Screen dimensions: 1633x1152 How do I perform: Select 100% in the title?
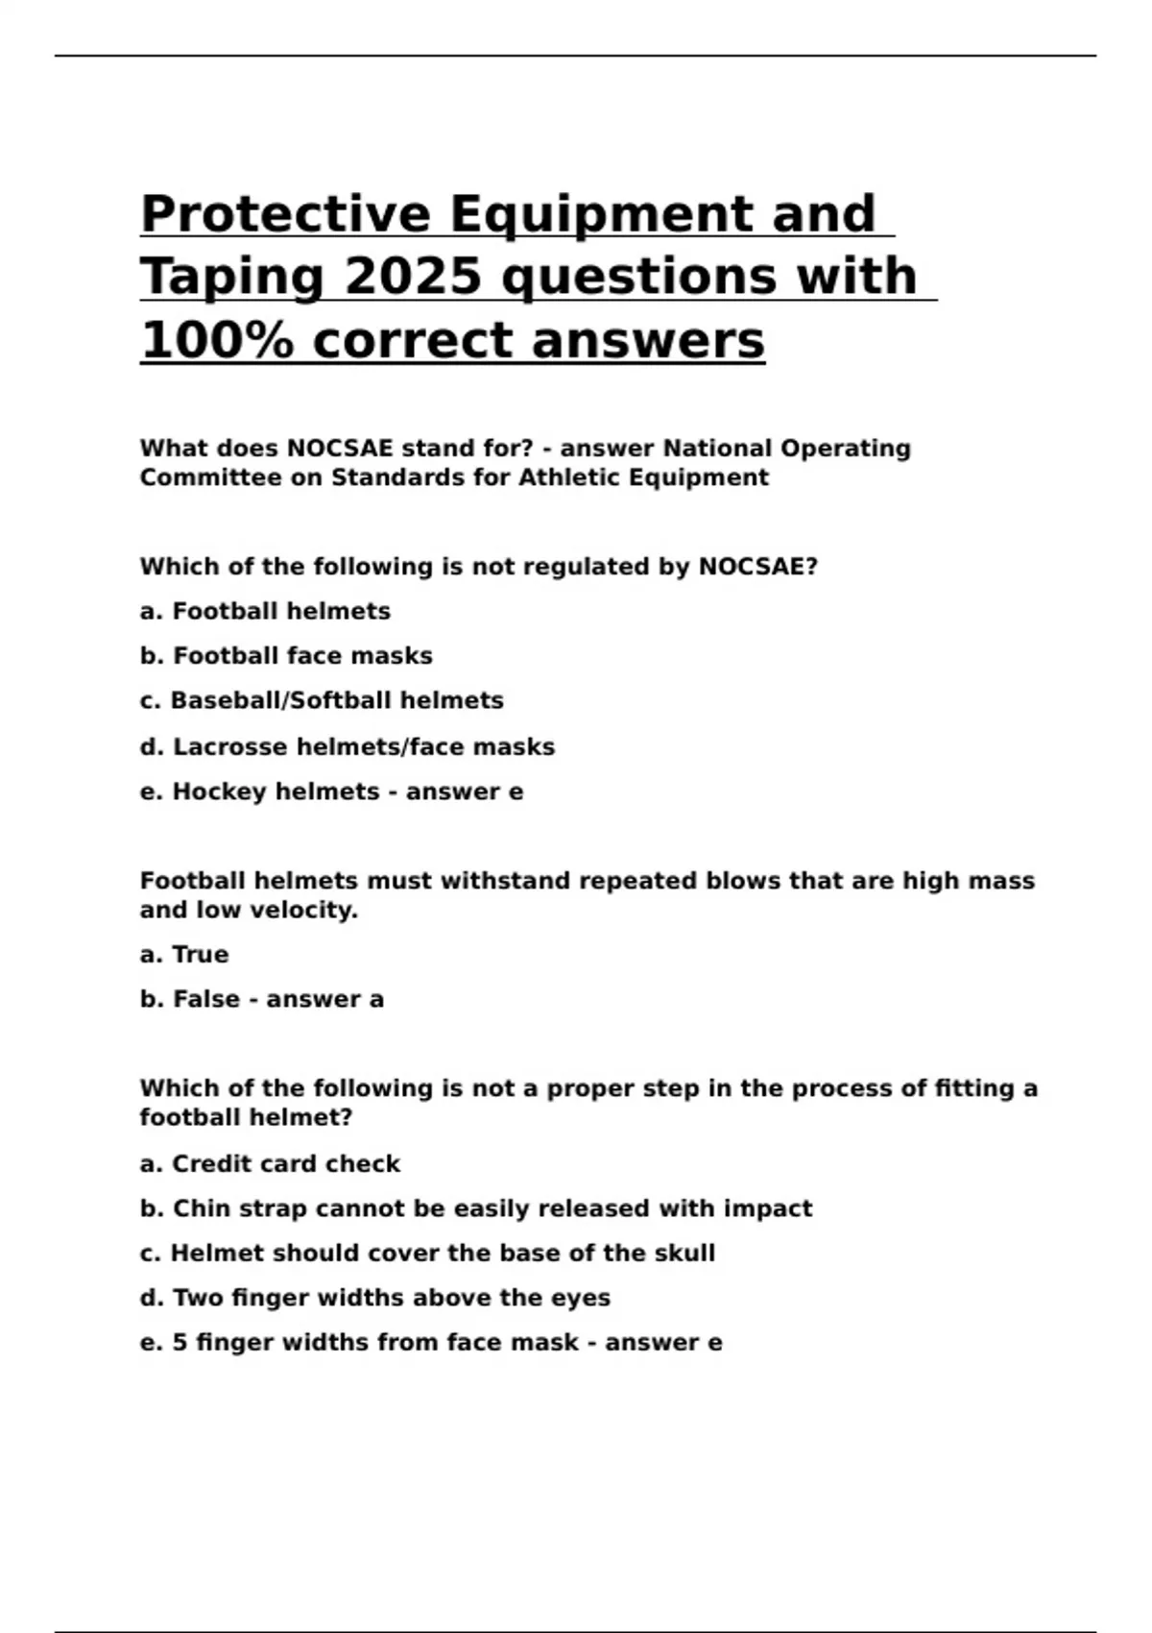217,341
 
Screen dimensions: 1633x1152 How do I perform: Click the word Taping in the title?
233,278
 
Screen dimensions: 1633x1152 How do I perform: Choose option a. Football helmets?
265,611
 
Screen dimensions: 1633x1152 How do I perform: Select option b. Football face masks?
286,656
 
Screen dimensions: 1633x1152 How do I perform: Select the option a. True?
184,955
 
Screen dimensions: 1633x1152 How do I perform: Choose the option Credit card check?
285,1163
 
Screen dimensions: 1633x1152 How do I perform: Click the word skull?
684,1254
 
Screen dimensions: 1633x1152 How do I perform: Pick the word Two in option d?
194,1298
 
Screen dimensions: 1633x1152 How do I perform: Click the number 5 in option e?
180,1343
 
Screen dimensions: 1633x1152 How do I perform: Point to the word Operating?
845,449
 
